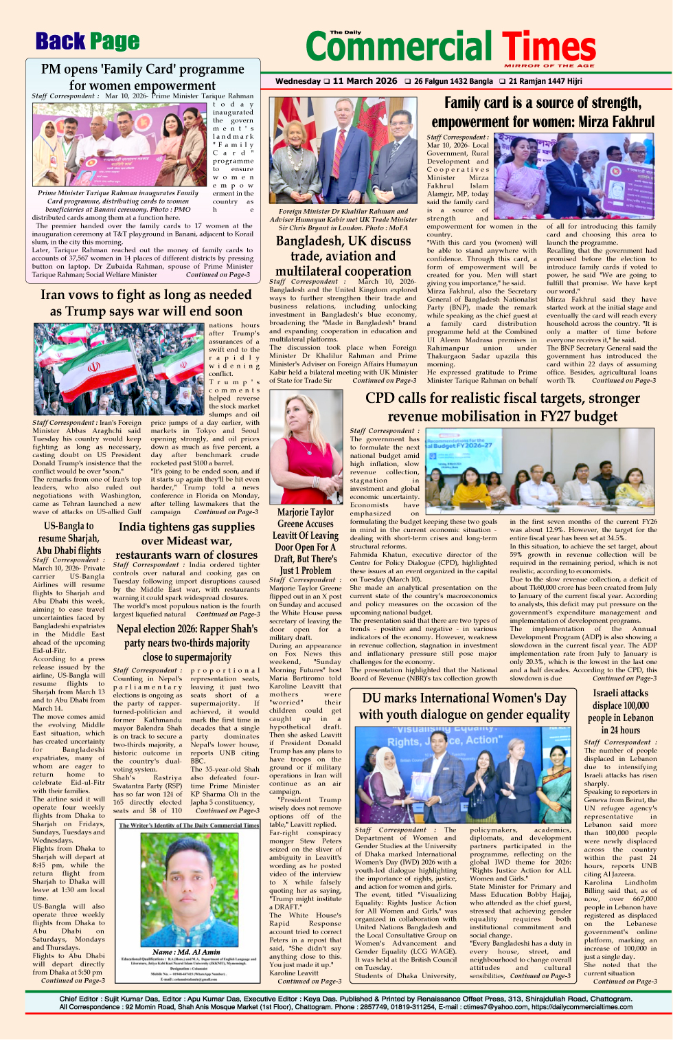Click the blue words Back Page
[x=87, y=42]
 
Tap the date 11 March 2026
[x=365, y=81]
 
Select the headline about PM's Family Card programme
[x=143, y=77]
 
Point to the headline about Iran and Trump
[x=146, y=302]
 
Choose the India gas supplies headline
[x=186, y=540]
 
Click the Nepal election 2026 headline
[x=186, y=643]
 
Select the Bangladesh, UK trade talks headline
[x=343, y=256]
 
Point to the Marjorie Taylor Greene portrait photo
[x=306, y=447]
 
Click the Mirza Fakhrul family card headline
[x=543, y=112]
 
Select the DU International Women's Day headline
[x=464, y=706]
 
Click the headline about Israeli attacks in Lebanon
[x=620, y=711]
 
